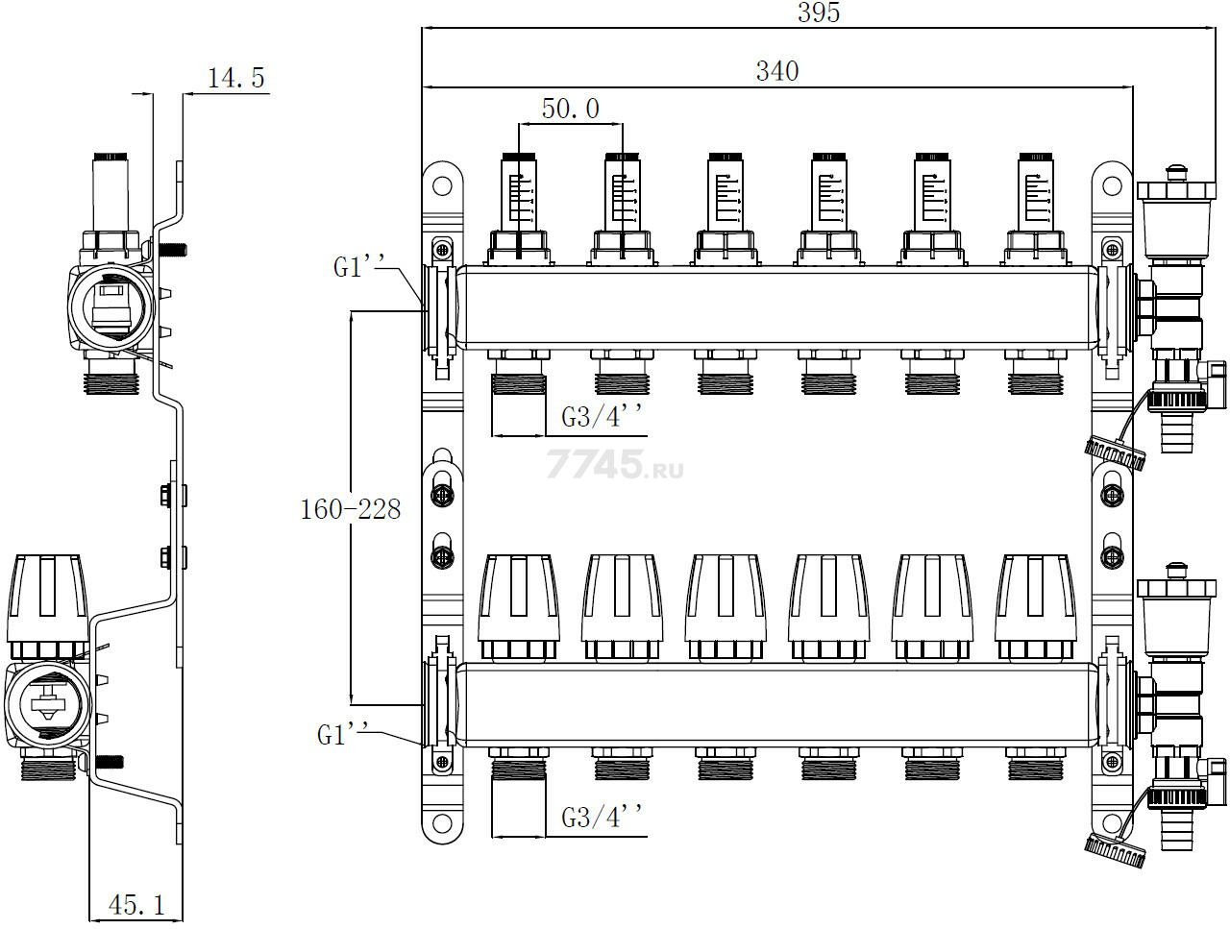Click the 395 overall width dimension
pos(819,12)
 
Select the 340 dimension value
pos(777,71)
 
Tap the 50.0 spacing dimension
pos(571,109)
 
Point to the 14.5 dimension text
pos(236,78)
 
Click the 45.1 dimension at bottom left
pos(136,905)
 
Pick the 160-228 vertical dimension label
pos(351,509)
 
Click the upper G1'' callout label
pos(359,266)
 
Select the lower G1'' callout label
pos(343,734)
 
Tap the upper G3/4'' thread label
pos(602,417)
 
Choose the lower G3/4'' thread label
pos(602,817)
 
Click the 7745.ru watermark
pos(615,464)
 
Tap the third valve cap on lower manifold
pos(726,607)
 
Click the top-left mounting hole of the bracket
pos(442,185)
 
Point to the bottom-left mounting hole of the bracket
pos(442,823)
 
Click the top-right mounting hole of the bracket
pos(1112,185)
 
